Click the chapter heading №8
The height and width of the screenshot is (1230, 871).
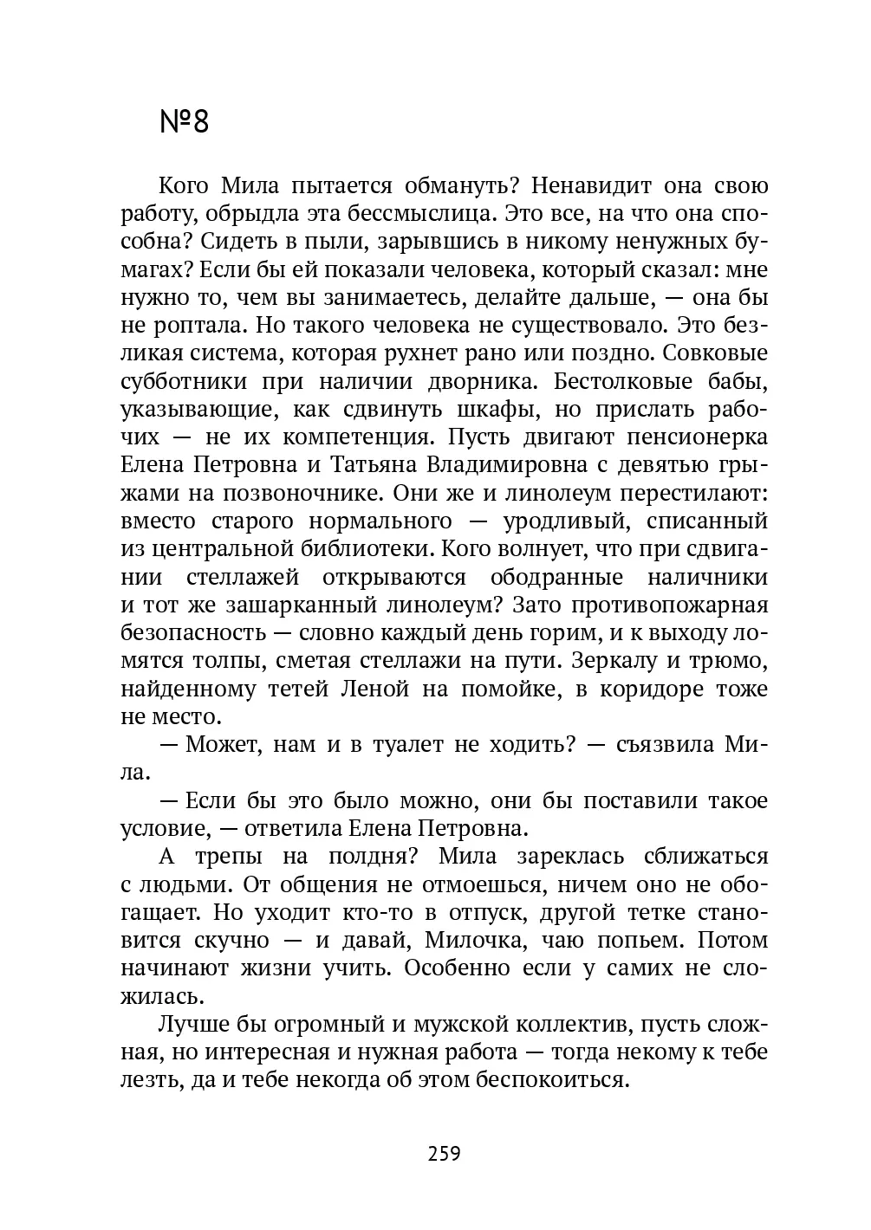tap(185, 122)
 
